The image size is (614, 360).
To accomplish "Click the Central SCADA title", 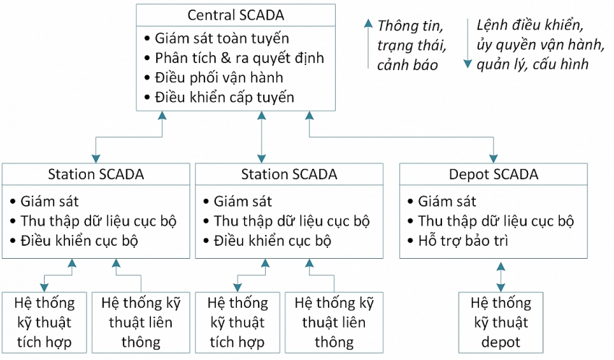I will tap(235, 14).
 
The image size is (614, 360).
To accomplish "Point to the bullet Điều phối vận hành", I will tap(219, 77).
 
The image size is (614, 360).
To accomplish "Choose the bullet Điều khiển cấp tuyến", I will tap(224, 97).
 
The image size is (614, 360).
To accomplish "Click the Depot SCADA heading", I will tap(493, 174).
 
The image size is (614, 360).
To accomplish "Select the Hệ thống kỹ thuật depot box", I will tap(500, 322).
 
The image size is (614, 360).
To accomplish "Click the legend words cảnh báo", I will tap(407, 64).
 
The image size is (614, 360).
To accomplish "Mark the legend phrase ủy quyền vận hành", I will tap(540, 45).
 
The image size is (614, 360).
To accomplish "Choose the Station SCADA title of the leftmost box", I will tap(96, 174).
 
